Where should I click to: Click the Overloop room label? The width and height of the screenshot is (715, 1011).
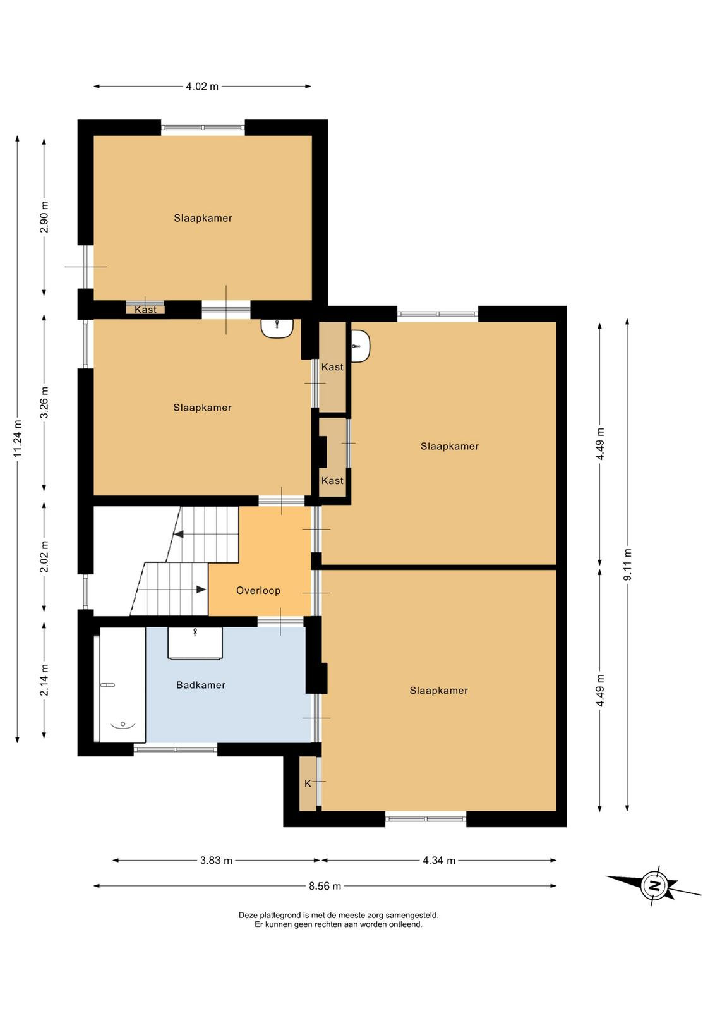point(258,590)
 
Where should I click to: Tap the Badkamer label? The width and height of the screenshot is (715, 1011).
point(201,685)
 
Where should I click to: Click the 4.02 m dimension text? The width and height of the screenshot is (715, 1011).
point(202,86)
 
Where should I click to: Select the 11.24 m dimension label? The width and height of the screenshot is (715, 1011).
point(18,439)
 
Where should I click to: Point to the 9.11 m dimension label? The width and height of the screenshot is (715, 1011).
point(627,565)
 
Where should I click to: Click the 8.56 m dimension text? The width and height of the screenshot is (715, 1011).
point(325,886)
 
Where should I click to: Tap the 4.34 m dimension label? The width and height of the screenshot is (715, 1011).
point(439,860)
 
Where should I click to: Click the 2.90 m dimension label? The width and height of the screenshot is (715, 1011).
point(44,217)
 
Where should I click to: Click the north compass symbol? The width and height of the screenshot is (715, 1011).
point(654,887)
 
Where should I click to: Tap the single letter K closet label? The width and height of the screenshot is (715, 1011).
point(308,784)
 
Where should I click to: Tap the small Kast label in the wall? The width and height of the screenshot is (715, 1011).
point(146,310)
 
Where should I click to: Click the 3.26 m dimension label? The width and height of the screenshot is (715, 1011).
point(44,403)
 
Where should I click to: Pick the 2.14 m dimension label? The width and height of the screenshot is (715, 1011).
point(44,680)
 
